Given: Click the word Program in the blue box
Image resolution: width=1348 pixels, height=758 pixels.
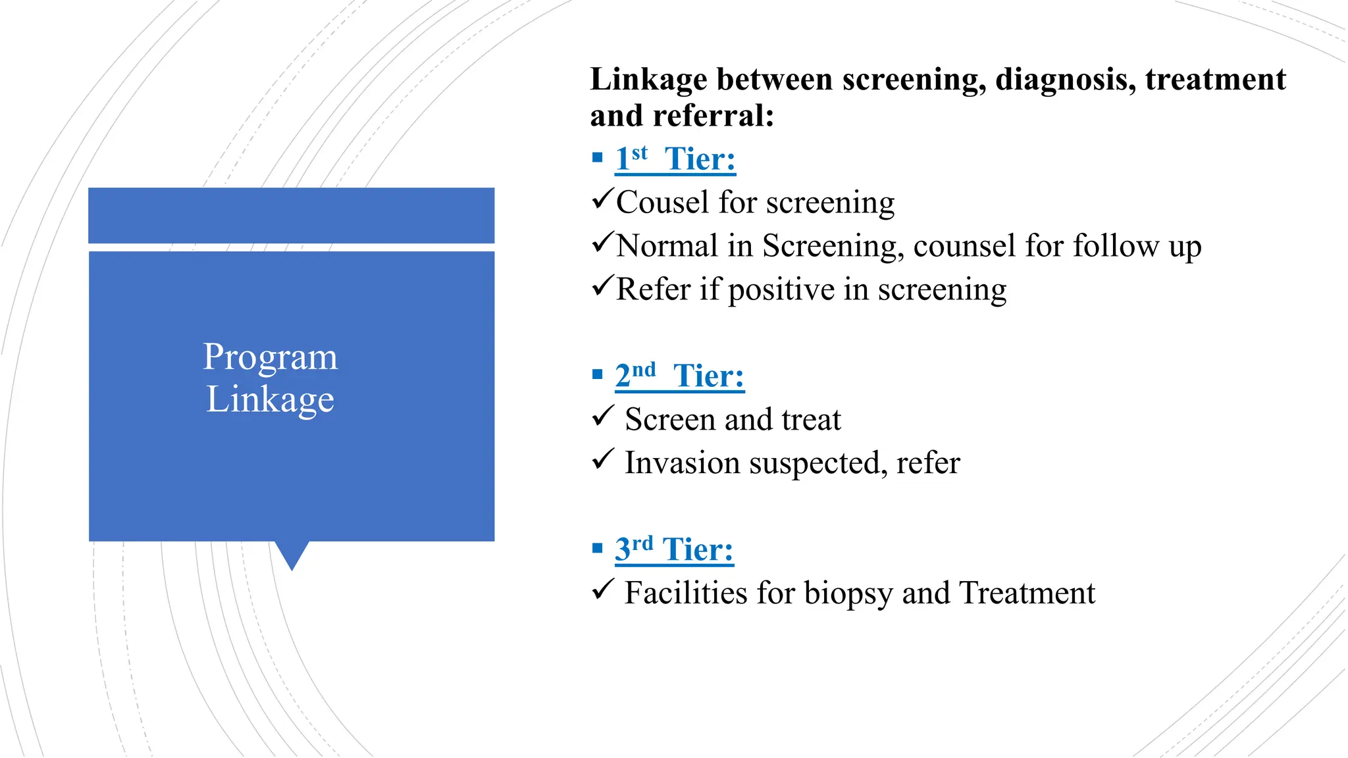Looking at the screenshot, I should coord(270,357).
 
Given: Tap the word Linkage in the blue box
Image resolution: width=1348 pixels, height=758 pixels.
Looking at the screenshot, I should coord(270,399).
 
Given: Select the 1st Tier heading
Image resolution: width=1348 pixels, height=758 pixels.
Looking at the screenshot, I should coord(675,159).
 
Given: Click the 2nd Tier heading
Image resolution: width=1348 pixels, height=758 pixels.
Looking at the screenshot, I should coord(679,376).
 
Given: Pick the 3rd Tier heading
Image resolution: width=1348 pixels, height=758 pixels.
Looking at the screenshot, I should coord(674,549).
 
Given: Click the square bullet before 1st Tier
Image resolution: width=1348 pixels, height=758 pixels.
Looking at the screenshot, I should coord(597,157).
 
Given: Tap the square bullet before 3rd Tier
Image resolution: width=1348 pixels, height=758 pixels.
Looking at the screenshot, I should coord(597,547).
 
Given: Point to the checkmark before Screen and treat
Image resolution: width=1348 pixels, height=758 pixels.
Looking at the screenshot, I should coord(602,416).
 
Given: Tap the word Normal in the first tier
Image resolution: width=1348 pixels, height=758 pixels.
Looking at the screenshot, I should coord(667,245).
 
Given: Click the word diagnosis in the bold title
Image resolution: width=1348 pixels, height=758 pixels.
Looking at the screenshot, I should coord(1065,80).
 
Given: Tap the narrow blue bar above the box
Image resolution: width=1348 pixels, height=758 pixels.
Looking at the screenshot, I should coord(291,215).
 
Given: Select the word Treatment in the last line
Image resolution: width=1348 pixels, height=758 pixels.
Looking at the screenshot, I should coord(1027,593).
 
